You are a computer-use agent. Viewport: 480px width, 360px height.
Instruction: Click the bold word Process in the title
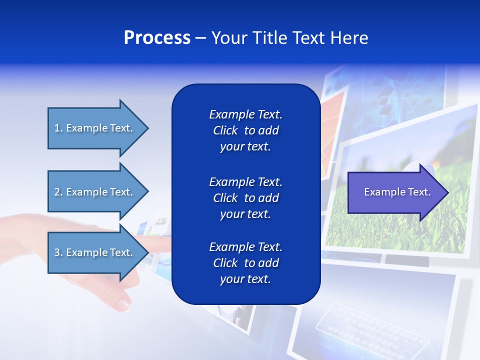click(157, 38)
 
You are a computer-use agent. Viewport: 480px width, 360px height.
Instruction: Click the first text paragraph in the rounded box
click(245, 130)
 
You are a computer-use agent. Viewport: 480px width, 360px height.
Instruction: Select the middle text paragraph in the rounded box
click(245, 198)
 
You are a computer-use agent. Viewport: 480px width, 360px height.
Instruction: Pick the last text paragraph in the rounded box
click(245, 263)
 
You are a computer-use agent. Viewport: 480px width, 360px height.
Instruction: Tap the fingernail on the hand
click(122, 303)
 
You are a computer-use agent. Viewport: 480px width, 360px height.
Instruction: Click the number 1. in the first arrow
click(58, 128)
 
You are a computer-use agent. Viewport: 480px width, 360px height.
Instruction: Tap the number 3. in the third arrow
click(58, 252)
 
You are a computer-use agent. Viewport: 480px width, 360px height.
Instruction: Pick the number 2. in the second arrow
click(58, 192)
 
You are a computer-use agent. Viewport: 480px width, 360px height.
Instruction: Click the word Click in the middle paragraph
click(225, 198)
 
